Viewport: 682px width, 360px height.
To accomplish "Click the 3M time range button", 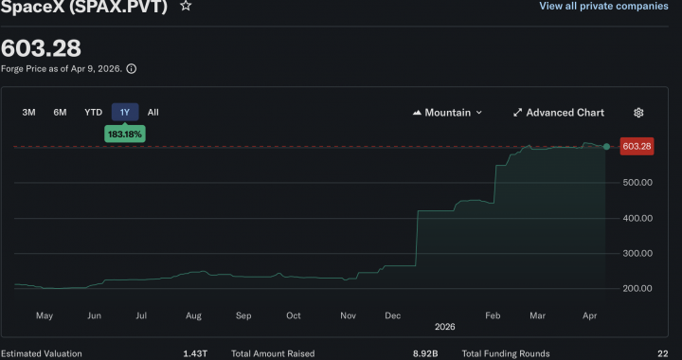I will point(29,112).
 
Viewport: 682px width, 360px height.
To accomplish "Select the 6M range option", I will point(60,112).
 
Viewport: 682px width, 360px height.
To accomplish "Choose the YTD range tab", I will point(93,112).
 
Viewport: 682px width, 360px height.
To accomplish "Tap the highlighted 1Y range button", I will point(124,112).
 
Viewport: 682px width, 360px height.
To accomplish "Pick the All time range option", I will point(153,112).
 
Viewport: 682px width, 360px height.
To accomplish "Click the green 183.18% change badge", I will point(125,135).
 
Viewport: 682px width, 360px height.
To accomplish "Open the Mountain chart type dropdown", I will point(447,113).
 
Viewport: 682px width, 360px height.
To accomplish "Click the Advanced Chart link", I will point(558,113).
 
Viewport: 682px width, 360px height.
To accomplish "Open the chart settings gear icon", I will point(638,113).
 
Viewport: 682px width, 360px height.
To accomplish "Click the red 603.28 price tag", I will point(636,146).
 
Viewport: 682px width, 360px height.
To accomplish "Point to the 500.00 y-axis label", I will point(635,183).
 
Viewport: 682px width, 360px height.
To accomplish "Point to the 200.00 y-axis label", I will point(635,288).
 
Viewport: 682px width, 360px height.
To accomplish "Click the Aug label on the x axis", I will point(193,315).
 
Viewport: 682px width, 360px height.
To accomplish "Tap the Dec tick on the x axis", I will point(391,315).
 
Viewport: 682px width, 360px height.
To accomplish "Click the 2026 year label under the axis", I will point(445,327).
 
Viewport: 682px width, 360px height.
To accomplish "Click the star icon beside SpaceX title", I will point(186,6).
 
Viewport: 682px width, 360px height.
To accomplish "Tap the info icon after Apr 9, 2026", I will point(132,68).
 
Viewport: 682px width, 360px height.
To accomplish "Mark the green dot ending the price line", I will point(606,146).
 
